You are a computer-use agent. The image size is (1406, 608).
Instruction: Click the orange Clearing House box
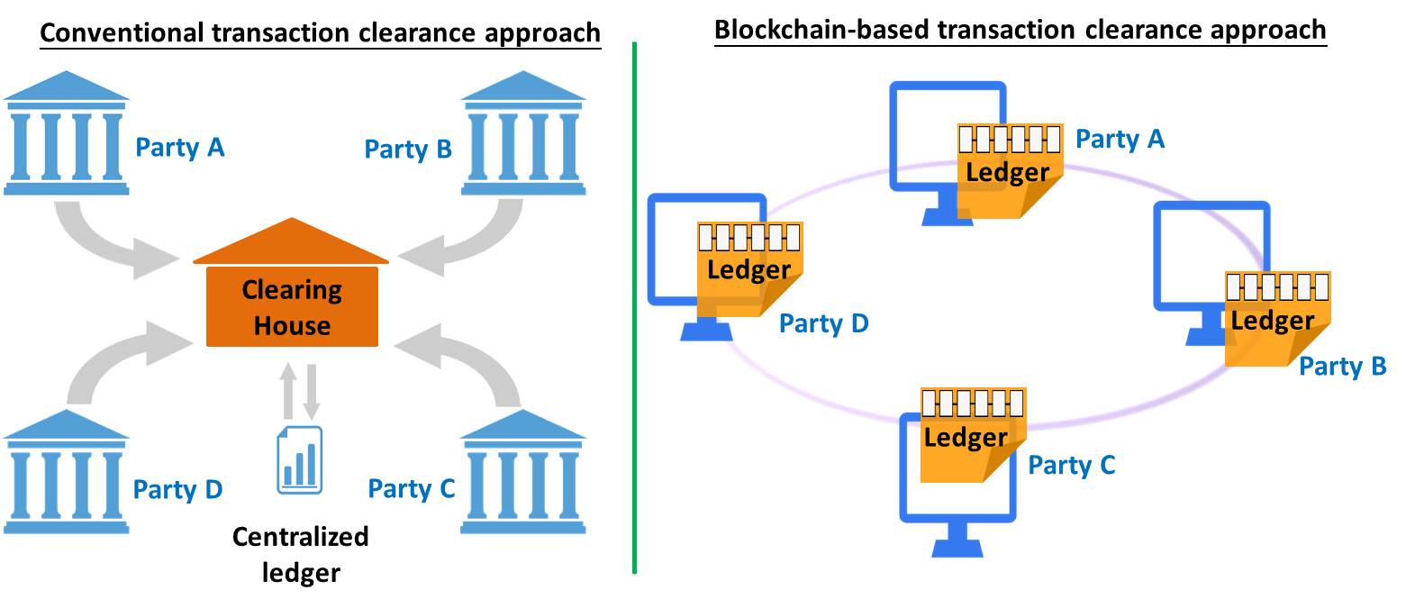tap(291, 306)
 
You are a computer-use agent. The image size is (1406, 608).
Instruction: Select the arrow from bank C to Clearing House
tap(468, 360)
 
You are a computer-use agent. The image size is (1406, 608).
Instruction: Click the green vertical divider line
tap(635, 306)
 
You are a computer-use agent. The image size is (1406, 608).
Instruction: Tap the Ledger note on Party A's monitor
tap(1010, 170)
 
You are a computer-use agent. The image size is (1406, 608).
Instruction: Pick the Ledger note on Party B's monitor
tap(1274, 319)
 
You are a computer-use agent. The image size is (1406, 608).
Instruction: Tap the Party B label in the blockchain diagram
tap(1342, 367)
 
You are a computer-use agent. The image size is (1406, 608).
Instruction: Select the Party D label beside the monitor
tap(823, 322)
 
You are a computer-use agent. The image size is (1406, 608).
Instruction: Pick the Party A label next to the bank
tap(179, 147)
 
